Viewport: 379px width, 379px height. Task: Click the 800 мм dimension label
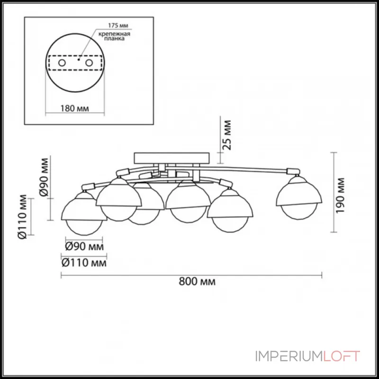tap(197, 281)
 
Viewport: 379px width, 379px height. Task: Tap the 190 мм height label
tap(340, 196)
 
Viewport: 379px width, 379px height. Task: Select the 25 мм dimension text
tap(227, 135)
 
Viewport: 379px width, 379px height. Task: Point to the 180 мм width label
tap(74, 108)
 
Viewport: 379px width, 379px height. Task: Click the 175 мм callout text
tap(118, 26)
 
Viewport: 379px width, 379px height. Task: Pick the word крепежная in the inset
tap(114, 34)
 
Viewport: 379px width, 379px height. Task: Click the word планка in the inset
tap(114, 38)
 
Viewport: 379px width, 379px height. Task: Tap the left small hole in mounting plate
tap(62, 63)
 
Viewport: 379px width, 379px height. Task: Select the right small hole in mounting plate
tap(89, 63)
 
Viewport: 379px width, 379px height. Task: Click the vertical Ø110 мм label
tap(22, 217)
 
